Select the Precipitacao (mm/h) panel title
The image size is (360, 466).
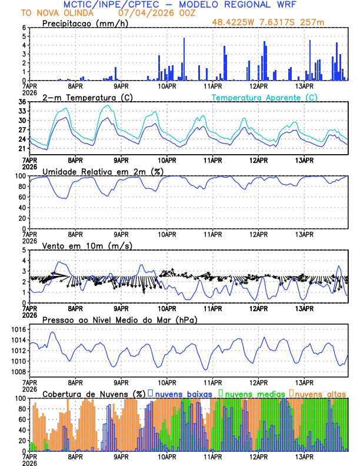(x=84, y=23)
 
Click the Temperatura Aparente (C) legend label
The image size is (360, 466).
(x=264, y=97)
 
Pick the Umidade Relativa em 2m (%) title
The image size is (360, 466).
(x=102, y=171)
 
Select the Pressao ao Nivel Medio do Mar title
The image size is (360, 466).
(x=119, y=319)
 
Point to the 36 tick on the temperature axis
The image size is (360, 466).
(x=22, y=102)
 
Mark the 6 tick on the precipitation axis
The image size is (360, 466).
(x=24, y=28)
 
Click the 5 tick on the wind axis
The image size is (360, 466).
(x=24, y=250)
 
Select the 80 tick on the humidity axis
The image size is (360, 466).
(x=22, y=187)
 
